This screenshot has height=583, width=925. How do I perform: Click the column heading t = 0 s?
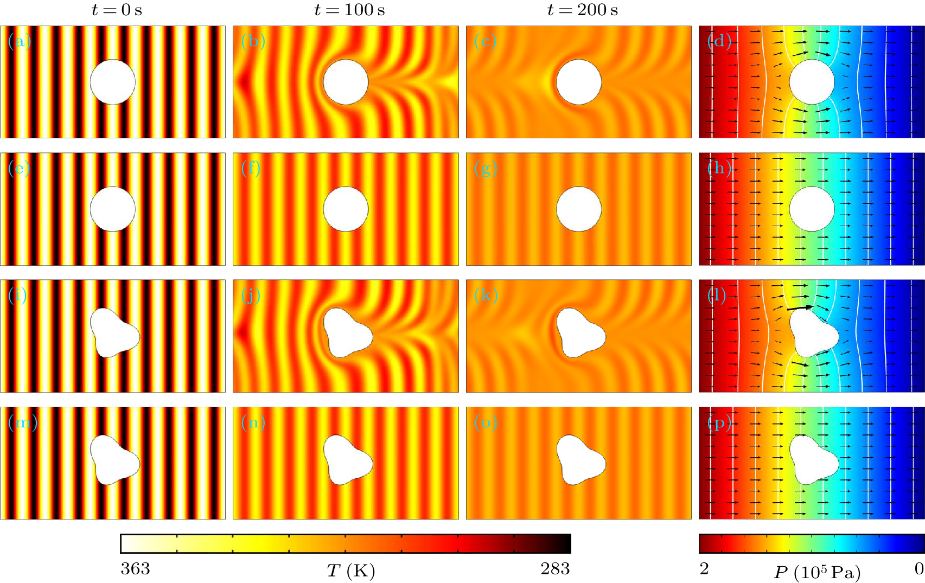(x=117, y=10)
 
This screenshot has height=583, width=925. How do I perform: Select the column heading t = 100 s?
(x=349, y=10)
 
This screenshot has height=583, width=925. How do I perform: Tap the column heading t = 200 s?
(x=582, y=10)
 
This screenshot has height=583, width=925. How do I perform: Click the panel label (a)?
(x=20, y=41)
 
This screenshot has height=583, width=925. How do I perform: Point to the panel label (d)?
(x=719, y=41)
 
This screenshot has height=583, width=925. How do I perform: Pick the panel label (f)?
(x=251, y=168)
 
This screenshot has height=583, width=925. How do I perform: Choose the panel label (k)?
(x=486, y=295)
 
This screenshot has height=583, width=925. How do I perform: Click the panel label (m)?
(x=22, y=422)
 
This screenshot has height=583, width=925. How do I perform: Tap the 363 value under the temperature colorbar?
(x=135, y=568)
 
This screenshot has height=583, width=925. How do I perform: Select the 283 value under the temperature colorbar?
(x=555, y=568)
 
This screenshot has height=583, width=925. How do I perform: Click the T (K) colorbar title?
(x=350, y=571)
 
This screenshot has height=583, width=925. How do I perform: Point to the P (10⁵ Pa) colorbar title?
(x=817, y=572)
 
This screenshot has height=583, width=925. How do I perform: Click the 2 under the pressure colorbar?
(x=704, y=568)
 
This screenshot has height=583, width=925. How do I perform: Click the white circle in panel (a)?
(x=113, y=82)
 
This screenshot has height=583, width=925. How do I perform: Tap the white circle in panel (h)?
(x=812, y=209)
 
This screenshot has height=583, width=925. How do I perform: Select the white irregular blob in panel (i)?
(x=114, y=332)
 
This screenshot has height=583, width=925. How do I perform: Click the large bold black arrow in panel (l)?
(x=800, y=307)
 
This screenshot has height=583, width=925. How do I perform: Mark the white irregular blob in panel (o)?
(x=579, y=460)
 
